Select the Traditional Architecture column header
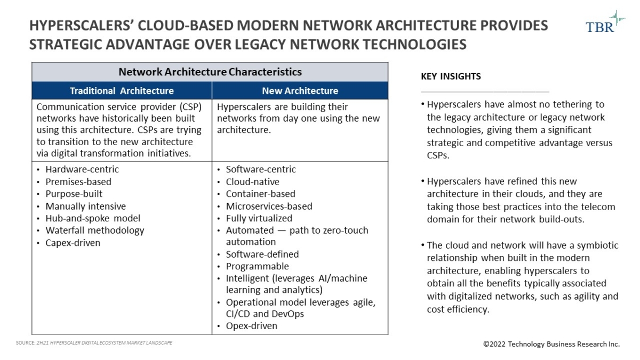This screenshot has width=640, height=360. point(122,91)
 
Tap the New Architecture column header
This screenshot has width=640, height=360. point(300,91)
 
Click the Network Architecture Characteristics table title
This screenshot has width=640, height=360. point(210,72)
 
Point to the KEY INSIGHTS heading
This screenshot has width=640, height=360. point(451,76)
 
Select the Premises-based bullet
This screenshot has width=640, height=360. point(78,182)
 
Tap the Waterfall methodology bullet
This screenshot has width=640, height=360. point(94,230)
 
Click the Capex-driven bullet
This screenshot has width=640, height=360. point(73,243)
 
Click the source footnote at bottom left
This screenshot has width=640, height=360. point(94,342)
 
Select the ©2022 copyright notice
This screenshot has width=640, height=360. point(551,344)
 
